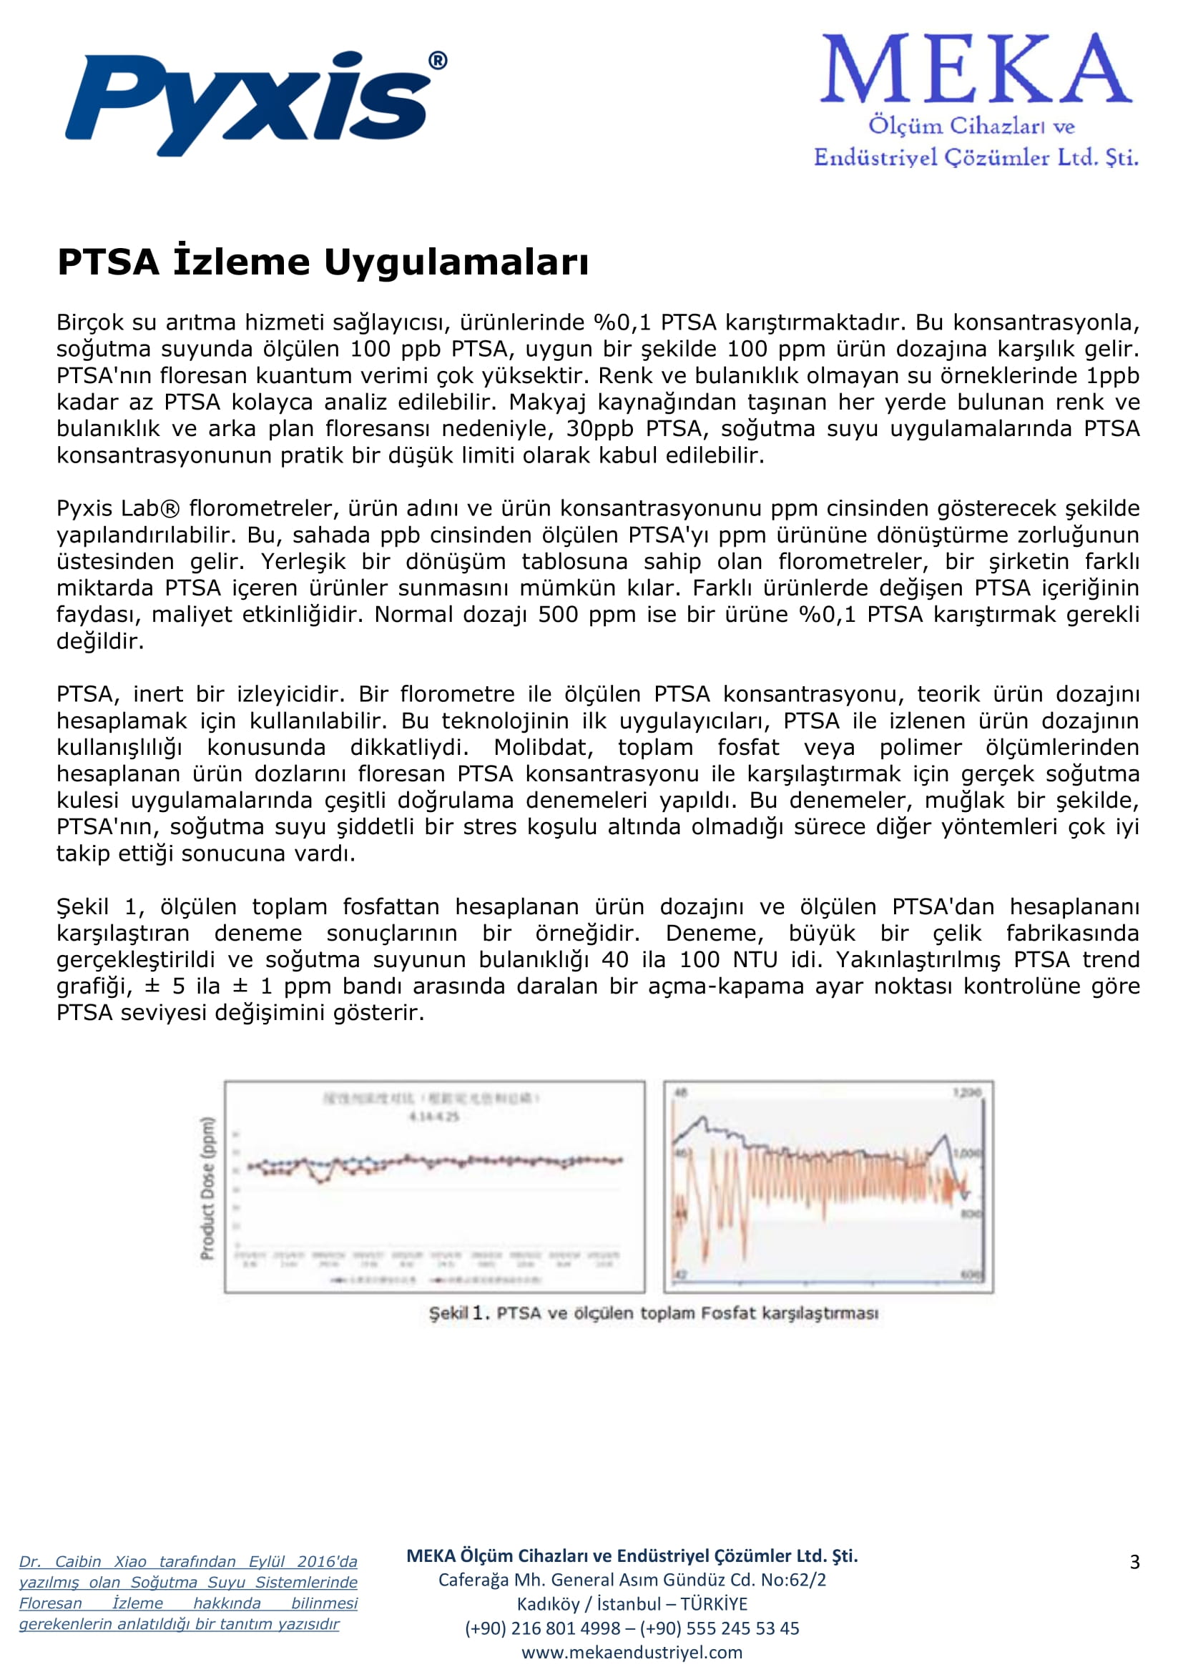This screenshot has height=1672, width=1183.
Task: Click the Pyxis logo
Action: click(247, 102)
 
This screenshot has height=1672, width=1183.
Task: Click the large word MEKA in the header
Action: click(976, 69)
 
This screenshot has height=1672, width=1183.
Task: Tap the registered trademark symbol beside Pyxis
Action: click(437, 61)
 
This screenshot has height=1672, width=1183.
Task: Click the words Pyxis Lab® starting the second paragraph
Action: click(118, 508)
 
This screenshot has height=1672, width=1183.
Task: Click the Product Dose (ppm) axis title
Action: click(207, 1188)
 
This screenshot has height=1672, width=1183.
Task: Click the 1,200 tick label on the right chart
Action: click(968, 1093)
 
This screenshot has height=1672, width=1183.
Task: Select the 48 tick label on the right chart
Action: click(682, 1092)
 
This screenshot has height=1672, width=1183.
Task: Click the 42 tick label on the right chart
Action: click(681, 1275)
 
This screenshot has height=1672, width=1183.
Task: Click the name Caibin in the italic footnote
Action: click(79, 1561)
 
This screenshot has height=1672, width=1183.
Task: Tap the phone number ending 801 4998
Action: click(543, 1628)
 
